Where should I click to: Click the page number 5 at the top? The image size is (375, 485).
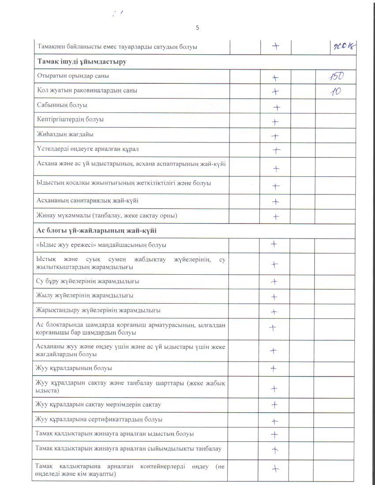[x=197, y=28]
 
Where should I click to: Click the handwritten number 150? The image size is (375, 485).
[x=337, y=77]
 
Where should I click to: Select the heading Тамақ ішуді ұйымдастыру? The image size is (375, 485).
[x=82, y=62]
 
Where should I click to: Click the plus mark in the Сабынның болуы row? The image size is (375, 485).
[x=277, y=107]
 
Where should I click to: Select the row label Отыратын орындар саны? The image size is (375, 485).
[x=73, y=76]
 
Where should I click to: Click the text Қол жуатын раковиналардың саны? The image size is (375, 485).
[x=87, y=90]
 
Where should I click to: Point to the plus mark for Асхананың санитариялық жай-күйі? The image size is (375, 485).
[x=276, y=201]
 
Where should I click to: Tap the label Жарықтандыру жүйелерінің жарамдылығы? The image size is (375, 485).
[x=98, y=310]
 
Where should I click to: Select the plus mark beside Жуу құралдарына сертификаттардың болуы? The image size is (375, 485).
[x=274, y=421]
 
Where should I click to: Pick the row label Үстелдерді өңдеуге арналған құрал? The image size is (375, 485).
[x=87, y=149]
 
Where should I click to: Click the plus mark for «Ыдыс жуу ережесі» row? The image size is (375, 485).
[x=274, y=244]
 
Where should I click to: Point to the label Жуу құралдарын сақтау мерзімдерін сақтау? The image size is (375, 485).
[x=98, y=404]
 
